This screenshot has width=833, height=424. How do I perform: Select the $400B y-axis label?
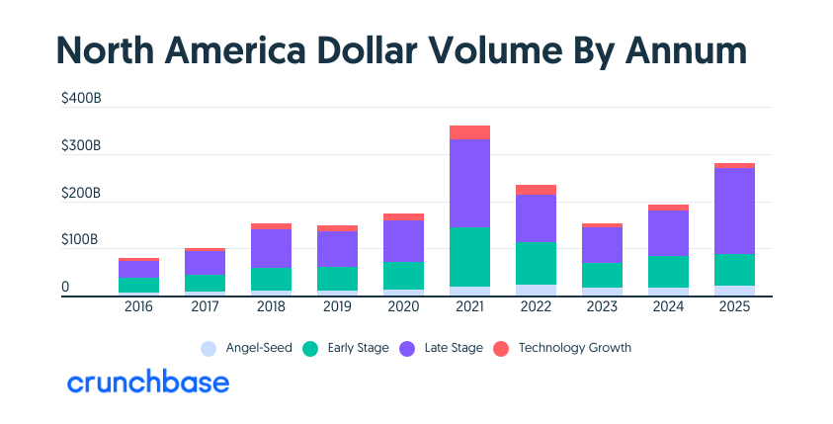pyautogui.click(x=81, y=99)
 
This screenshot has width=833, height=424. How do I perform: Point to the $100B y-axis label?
pyautogui.click(x=81, y=240)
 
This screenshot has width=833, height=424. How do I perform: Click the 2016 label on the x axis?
pyautogui.click(x=138, y=307)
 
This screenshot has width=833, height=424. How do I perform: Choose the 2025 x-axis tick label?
pyautogui.click(x=734, y=307)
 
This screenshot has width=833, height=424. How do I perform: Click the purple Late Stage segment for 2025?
pyautogui.click(x=734, y=211)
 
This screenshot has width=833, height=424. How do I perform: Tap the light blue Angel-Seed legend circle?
pyautogui.click(x=208, y=348)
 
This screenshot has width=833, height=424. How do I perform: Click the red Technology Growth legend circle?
pyautogui.click(x=500, y=348)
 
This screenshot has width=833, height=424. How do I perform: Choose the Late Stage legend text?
pyautogui.click(x=453, y=348)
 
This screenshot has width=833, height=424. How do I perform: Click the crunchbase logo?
pyautogui.click(x=147, y=382)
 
